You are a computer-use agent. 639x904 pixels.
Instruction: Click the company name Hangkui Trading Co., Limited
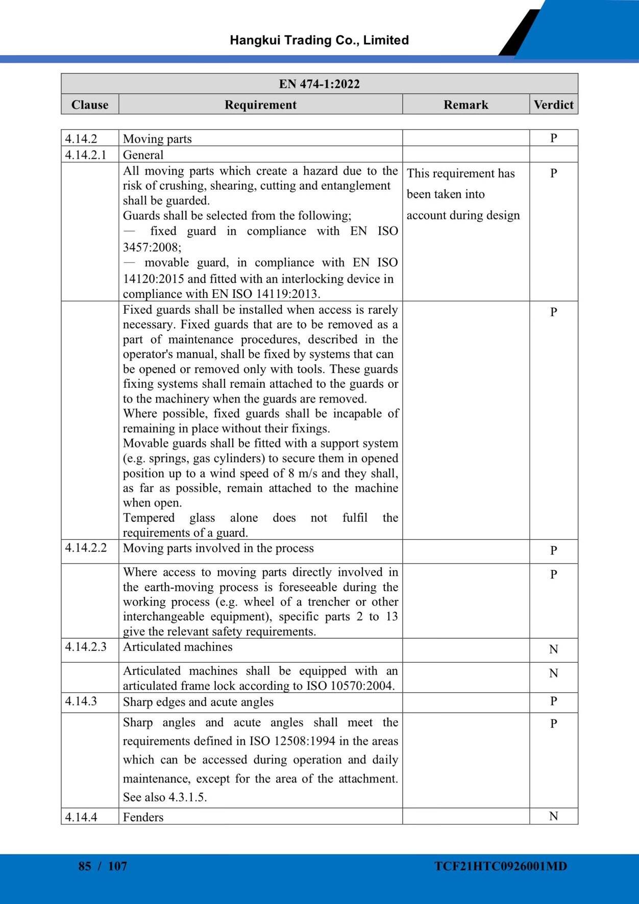[x=319, y=40]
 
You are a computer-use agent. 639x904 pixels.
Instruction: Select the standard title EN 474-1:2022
[x=319, y=84]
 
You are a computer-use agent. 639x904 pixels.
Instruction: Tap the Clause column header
[x=90, y=105]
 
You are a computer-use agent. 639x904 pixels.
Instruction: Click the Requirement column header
[x=260, y=105]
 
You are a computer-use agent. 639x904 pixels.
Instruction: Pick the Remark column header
[x=465, y=105]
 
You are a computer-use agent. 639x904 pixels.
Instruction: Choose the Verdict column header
[x=553, y=105]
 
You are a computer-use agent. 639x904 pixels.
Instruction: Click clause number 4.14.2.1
[x=86, y=155]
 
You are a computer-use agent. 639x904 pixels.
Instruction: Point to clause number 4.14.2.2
[x=86, y=548]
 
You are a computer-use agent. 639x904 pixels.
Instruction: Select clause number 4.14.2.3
[x=86, y=647]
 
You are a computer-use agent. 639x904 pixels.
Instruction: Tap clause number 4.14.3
[x=81, y=701]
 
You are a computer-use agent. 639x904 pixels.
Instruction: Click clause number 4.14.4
[x=81, y=817]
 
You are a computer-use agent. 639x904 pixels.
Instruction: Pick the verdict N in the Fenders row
[x=553, y=816]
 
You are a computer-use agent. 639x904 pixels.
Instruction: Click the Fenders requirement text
[x=143, y=817]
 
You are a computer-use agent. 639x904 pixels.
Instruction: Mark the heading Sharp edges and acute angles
[x=198, y=702]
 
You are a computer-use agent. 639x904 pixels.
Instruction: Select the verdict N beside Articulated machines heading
[x=553, y=649]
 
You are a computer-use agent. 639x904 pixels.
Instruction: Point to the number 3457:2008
[x=152, y=247]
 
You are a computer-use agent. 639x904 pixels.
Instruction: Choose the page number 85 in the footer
[x=85, y=866]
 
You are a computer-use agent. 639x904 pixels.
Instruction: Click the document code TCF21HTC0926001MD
[x=501, y=866]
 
